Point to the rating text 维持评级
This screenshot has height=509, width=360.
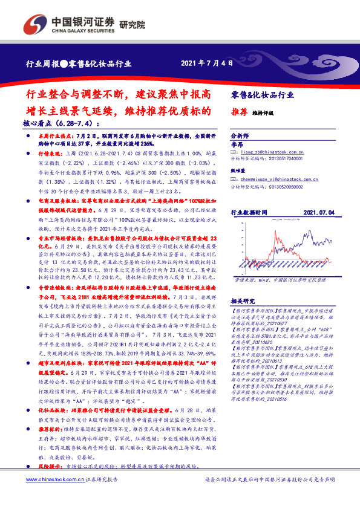263,112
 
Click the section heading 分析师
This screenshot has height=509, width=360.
240,137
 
